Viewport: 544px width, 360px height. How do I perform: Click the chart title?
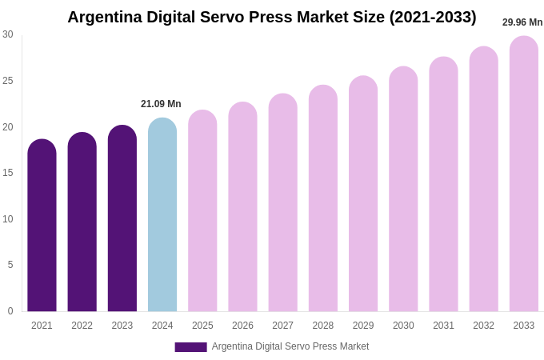coord(271,17)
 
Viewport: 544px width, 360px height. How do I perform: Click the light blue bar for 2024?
coord(162,215)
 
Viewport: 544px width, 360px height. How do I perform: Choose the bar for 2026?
coord(242,207)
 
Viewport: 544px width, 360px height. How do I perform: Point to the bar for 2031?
coord(443,185)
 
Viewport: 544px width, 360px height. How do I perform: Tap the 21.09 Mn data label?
coord(161,104)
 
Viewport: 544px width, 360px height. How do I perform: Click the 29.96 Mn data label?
coord(522,22)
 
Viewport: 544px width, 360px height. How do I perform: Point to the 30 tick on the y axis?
coord(8,34)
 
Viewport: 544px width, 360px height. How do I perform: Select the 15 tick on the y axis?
coord(8,173)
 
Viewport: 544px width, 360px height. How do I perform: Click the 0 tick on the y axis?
coord(10,311)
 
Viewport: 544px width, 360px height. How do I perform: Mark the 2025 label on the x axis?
coord(202,326)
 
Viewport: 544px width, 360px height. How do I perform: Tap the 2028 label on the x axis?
coord(323,326)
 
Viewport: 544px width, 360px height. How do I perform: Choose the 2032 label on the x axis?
coord(483,326)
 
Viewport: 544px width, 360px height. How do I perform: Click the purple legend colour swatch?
coord(190,347)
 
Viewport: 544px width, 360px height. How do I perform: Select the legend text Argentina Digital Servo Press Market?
coord(290,346)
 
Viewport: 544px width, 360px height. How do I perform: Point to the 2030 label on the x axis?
coord(403,326)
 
